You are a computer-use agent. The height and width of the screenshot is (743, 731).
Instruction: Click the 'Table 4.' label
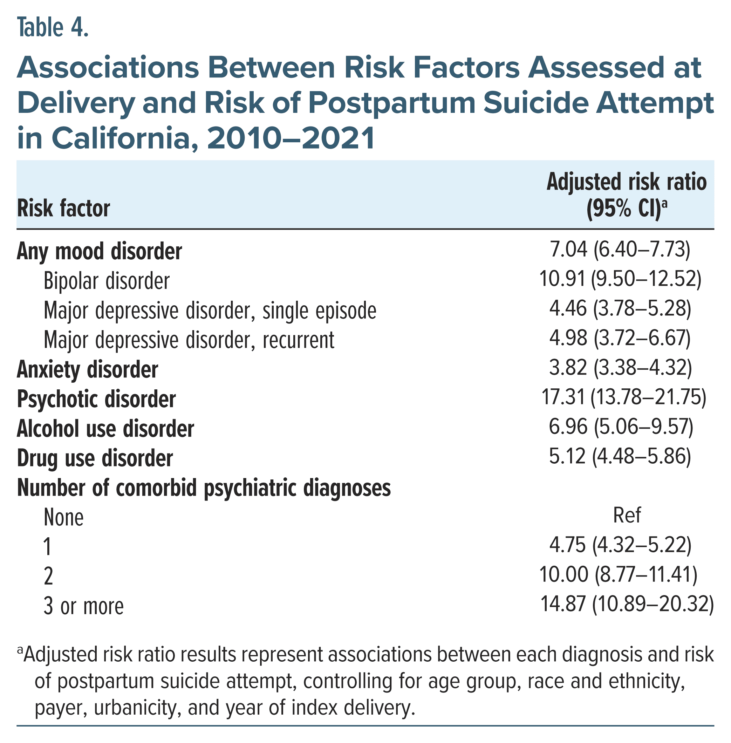click(x=53, y=28)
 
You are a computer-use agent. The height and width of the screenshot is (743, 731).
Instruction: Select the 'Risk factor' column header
click(x=63, y=209)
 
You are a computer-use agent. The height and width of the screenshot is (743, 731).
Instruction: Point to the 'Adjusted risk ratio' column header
click(x=626, y=182)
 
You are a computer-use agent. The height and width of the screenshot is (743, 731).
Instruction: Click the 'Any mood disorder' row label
click(x=99, y=252)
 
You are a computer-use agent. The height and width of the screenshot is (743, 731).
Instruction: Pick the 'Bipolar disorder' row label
click(x=106, y=281)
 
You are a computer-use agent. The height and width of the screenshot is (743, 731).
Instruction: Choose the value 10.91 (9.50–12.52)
click(x=620, y=279)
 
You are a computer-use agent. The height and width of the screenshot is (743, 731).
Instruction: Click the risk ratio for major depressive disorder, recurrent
click(x=620, y=338)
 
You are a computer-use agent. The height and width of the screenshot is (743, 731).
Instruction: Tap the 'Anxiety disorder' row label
click(x=87, y=370)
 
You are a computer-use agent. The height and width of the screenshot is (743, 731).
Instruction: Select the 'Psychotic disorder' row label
click(x=96, y=399)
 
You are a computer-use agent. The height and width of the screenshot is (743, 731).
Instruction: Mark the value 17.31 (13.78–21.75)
click(x=623, y=397)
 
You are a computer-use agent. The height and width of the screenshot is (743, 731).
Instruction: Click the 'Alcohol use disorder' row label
click(x=105, y=429)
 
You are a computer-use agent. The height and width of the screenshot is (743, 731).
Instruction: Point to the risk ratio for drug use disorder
click(x=620, y=456)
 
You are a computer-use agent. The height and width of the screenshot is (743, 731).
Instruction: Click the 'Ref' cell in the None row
click(x=627, y=515)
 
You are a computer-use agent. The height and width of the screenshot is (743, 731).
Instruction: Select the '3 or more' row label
click(x=84, y=607)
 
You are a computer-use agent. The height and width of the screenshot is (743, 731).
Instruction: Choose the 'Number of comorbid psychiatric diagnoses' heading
click(x=204, y=489)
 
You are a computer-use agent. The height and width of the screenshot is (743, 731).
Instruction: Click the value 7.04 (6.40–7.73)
click(x=620, y=250)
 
